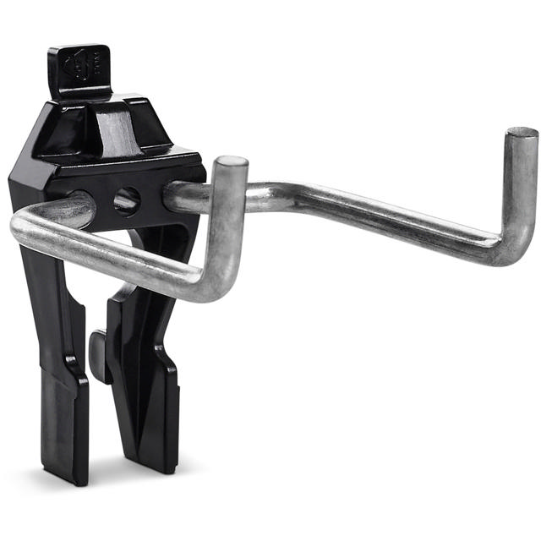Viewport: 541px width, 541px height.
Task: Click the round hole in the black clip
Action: point(127,200)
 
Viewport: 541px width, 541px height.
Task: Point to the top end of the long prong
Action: point(521,134)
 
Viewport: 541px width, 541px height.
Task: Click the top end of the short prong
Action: point(230,163)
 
